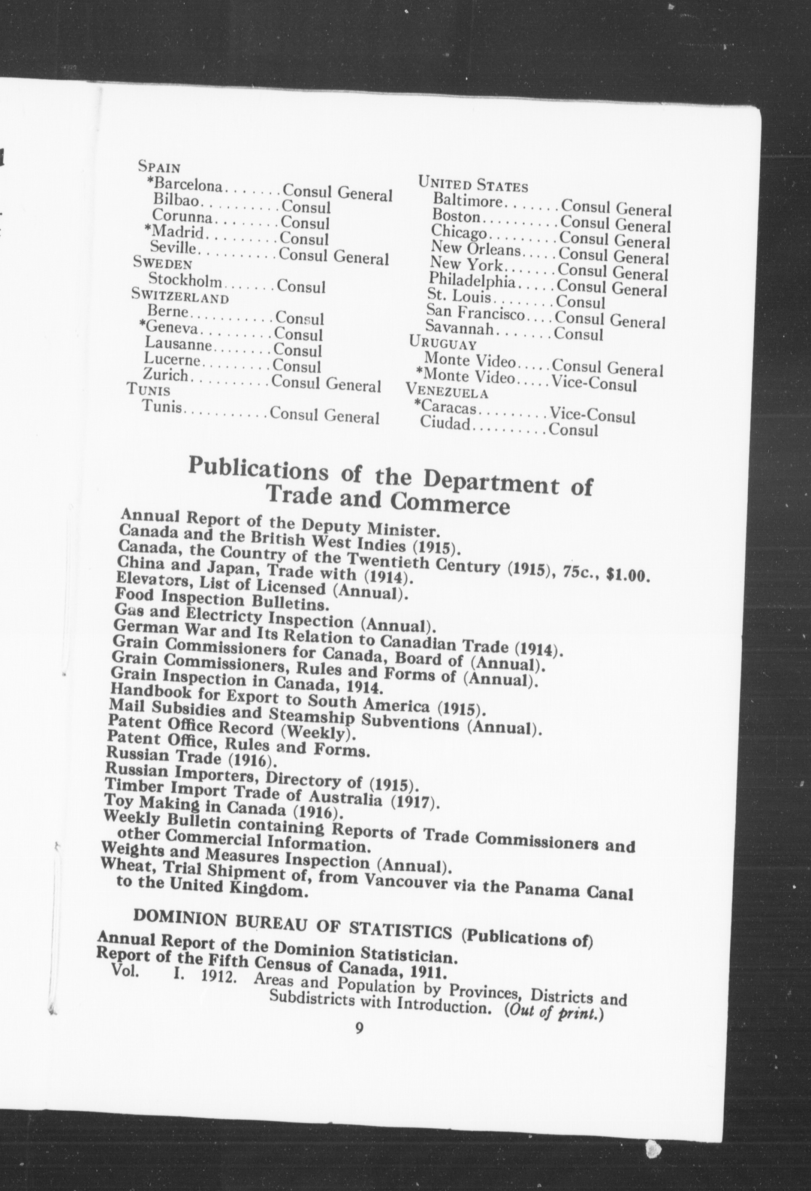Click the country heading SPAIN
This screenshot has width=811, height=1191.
pos(159,167)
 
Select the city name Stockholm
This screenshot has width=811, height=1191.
pos(185,281)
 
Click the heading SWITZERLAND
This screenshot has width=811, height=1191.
pos(180,296)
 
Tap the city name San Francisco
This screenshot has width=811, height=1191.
pos(475,312)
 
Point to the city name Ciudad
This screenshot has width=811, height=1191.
pos(445,423)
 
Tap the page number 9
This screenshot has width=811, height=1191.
pos(359,1041)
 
